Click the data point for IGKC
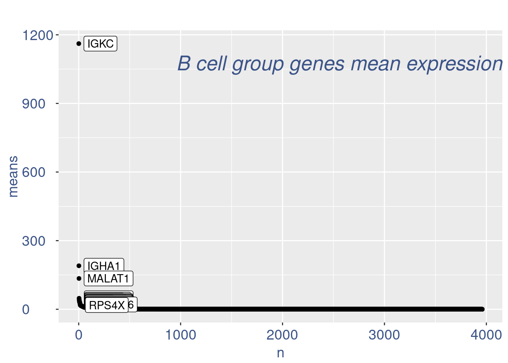coord(79,43)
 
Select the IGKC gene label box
coord(100,44)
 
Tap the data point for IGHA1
coord(79,266)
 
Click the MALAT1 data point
coord(79,279)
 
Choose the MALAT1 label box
coord(108,279)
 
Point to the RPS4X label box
coord(107,305)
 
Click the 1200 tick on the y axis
coord(37,35)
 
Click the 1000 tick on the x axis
coord(181,335)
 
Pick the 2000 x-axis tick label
coord(282,335)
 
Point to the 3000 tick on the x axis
coord(384,335)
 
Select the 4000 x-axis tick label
coord(486,335)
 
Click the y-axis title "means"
coord(13,177)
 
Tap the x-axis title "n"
coord(280,353)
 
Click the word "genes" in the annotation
coord(317,64)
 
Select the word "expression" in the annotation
coord(455,64)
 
